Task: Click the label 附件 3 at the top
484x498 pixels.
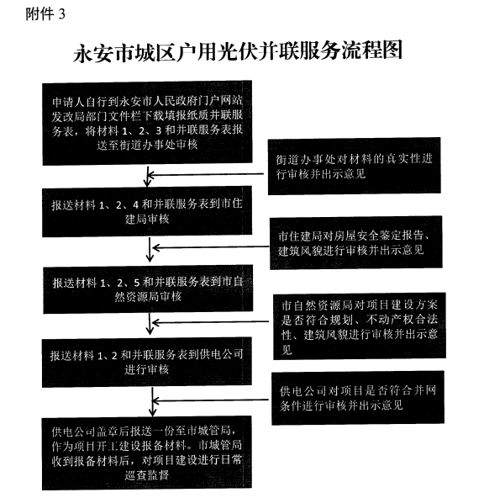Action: tap(45, 14)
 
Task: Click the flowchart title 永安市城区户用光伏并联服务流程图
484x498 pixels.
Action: tap(238, 51)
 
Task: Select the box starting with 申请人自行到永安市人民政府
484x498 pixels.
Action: tap(147, 123)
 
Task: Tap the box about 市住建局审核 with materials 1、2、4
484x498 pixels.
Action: tap(147, 211)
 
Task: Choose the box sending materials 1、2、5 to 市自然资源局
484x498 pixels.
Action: tap(148, 289)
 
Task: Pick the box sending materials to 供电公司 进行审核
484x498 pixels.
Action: tap(147, 363)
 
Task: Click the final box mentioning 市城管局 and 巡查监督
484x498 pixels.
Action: tap(147, 453)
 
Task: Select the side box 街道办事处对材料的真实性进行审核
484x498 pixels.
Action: tap(355, 166)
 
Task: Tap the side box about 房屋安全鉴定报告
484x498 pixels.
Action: tap(356, 242)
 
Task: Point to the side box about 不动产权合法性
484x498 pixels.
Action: tap(360, 326)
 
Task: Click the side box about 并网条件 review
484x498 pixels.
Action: tap(358, 397)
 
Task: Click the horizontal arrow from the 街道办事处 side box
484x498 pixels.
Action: tap(206, 174)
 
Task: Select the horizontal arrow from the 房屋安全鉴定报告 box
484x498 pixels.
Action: tap(211, 247)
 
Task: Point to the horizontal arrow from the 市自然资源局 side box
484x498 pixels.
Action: tap(210, 322)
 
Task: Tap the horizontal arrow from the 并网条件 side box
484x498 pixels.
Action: tap(211, 400)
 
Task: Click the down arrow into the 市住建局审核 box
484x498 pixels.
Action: tap(147, 177)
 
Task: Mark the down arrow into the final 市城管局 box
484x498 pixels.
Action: tap(153, 402)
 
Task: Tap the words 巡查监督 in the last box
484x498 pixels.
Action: tap(147, 475)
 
